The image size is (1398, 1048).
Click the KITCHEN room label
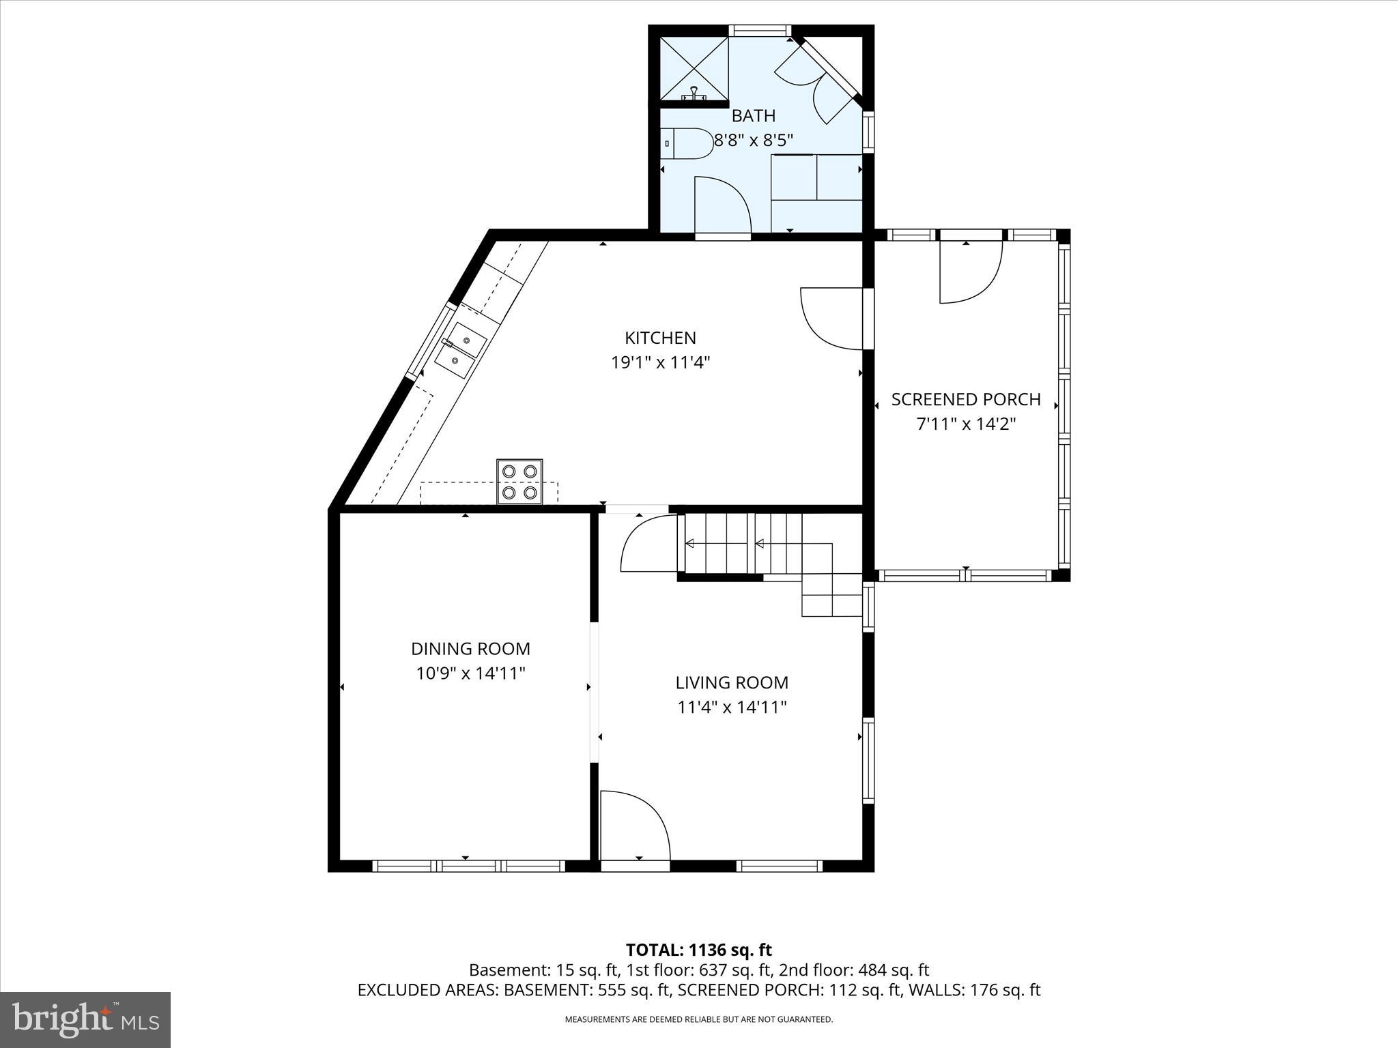660,338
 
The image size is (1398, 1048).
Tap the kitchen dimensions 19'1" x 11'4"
660,362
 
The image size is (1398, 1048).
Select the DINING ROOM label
470,649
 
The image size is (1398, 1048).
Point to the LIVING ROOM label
732,683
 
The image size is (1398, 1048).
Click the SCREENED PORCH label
965,400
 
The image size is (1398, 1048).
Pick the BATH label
753,116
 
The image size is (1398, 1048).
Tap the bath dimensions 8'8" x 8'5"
753,141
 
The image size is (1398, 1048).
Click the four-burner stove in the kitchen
519,482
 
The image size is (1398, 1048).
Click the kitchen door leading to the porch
831,319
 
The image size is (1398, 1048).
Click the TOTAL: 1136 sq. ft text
698,950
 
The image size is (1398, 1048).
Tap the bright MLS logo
85,1019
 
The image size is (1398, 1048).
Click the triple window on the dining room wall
469,865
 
